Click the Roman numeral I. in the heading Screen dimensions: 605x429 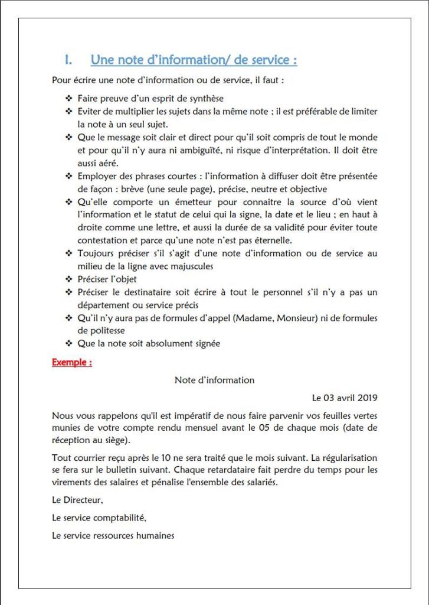tap(68, 60)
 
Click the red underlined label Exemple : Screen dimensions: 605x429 tap(71, 362)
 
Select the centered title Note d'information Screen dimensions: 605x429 tap(214, 380)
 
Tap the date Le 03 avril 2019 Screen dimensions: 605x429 tap(345, 397)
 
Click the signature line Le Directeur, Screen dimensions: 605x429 tap(77, 500)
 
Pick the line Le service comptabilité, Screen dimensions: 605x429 tap(99, 518)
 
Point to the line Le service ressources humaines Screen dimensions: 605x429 tap(113, 535)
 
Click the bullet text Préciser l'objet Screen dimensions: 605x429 tap(111, 278)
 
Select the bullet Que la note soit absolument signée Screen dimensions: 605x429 tap(149, 343)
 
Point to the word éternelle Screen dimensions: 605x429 tap(271, 240)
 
